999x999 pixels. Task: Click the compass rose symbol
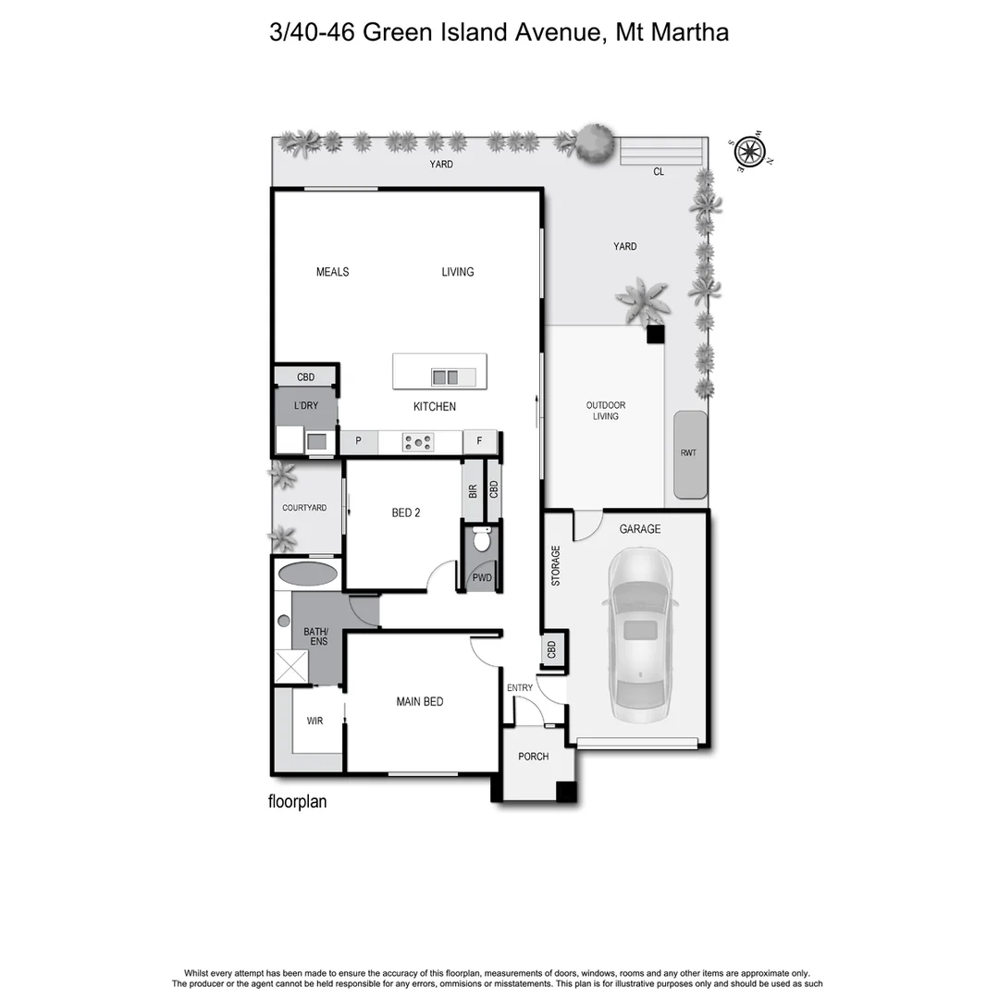click(x=747, y=153)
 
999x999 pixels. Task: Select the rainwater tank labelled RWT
click(x=689, y=454)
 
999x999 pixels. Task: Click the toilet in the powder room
click(x=481, y=540)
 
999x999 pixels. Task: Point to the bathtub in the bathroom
click(x=307, y=573)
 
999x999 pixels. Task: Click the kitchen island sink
click(x=445, y=376)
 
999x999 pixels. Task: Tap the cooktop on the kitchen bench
click(x=418, y=443)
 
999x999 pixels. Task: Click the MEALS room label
click(x=333, y=272)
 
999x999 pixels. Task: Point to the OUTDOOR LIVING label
click(x=606, y=411)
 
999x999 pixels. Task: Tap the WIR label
click(x=314, y=721)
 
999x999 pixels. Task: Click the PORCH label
click(x=534, y=757)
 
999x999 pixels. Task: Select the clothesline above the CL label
click(x=662, y=150)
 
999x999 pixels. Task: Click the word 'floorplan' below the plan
click(x=298, y=802)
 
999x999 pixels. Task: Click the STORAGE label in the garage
click(x=556, y=566)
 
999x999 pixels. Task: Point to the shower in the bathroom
click(x=291, y=666)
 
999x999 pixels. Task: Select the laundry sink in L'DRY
click(x=317, y=442)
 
